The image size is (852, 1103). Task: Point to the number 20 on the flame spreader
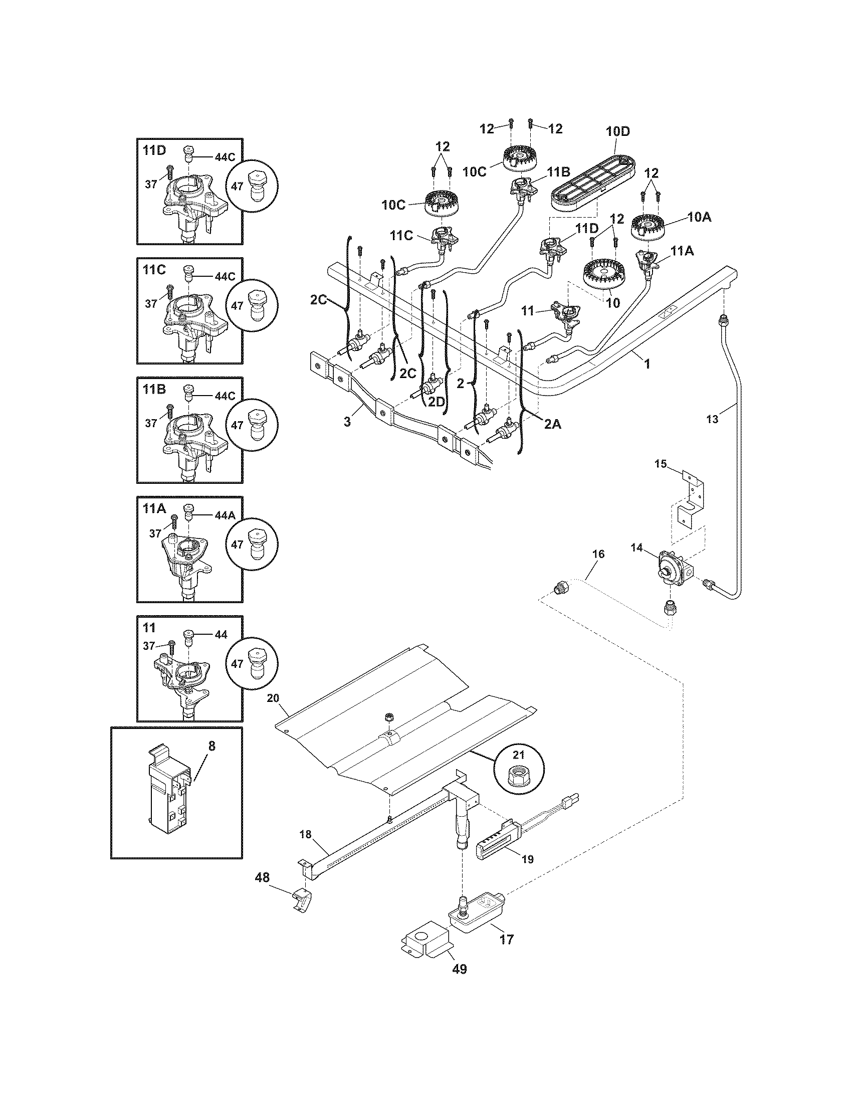pos(287,698)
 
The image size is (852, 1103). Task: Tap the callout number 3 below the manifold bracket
pos(347,422)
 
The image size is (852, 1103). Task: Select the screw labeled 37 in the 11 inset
pos(171,646)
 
